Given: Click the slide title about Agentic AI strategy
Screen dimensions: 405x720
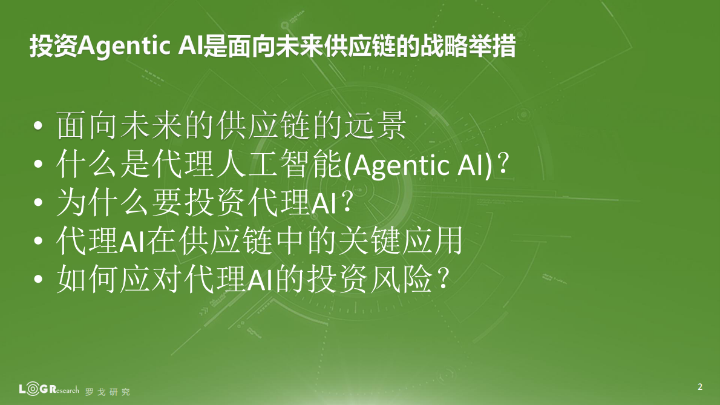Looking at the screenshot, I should (272, 46).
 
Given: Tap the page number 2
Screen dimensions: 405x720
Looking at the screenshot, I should (700, 387).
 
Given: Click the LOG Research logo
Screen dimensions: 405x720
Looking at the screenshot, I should (48, 389).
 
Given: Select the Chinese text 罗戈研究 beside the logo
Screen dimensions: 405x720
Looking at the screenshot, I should (108, 392).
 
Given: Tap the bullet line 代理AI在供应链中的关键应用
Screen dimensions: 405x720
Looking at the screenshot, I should (260, 242).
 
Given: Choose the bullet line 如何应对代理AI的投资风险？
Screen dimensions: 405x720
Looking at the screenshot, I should (254, 280).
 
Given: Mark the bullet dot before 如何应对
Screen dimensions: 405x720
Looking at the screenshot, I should (39, 280).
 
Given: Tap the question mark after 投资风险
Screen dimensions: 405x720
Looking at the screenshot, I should (443, 280).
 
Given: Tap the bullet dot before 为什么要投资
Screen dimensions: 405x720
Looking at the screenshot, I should (39, 204).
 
